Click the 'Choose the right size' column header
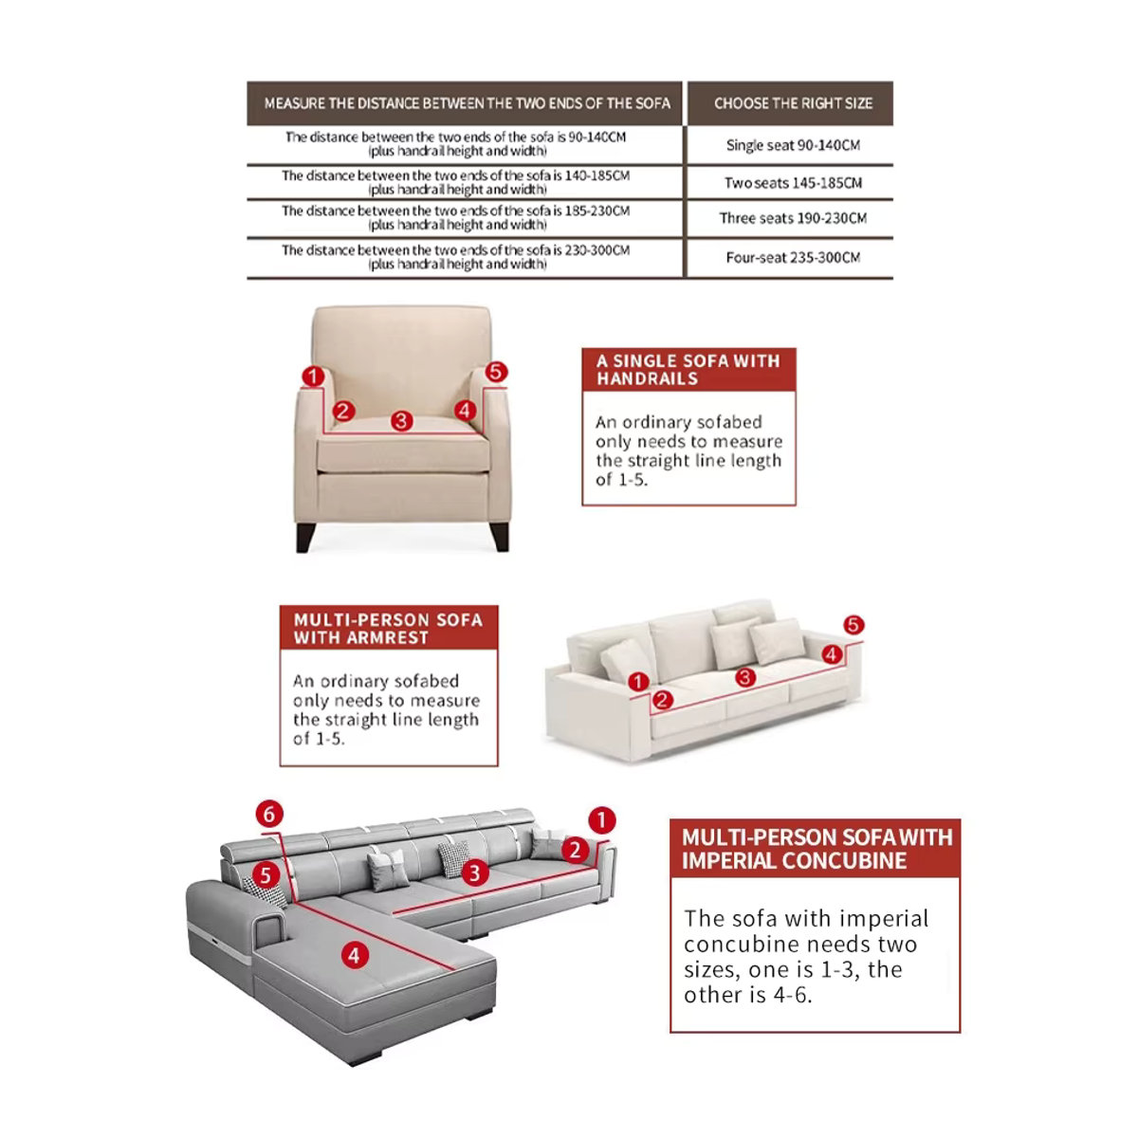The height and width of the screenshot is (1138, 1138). click(x=793, y=103)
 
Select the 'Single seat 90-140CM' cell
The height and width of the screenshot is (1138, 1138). click(x=793, y=145)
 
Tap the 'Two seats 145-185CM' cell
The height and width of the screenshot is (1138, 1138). click(x=793, y=183)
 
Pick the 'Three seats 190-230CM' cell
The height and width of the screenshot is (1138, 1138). click(x=793, y=218)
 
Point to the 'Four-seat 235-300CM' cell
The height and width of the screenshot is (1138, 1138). click(x=793, y=258)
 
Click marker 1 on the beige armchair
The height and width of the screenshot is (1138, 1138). click(x=313, y=376)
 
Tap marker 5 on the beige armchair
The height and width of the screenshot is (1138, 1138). click(x=496, y=372)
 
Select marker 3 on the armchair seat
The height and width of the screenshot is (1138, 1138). click(x=401, y=421)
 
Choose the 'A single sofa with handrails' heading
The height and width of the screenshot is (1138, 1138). click(x=688, y=370)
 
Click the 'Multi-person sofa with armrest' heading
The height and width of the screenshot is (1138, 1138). click(x=388, y=629)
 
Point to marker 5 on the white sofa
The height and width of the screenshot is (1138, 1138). click(x=853, y=625)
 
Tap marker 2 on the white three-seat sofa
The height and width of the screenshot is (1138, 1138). click(x=662, y=701)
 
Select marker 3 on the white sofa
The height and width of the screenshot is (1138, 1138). click(x=745, y=677)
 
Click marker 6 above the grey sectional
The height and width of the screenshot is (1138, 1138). click(x=269, y=815)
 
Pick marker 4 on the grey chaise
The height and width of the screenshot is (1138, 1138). click(x=355, y=955)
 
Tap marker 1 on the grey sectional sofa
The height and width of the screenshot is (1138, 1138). click(x=602, y=820)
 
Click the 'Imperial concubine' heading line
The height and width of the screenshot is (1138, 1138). click(x=795, y=860)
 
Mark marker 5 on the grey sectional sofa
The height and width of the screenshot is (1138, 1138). click(x=266, y=875)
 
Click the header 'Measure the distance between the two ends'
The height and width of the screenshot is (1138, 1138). click(x=468, y=103)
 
